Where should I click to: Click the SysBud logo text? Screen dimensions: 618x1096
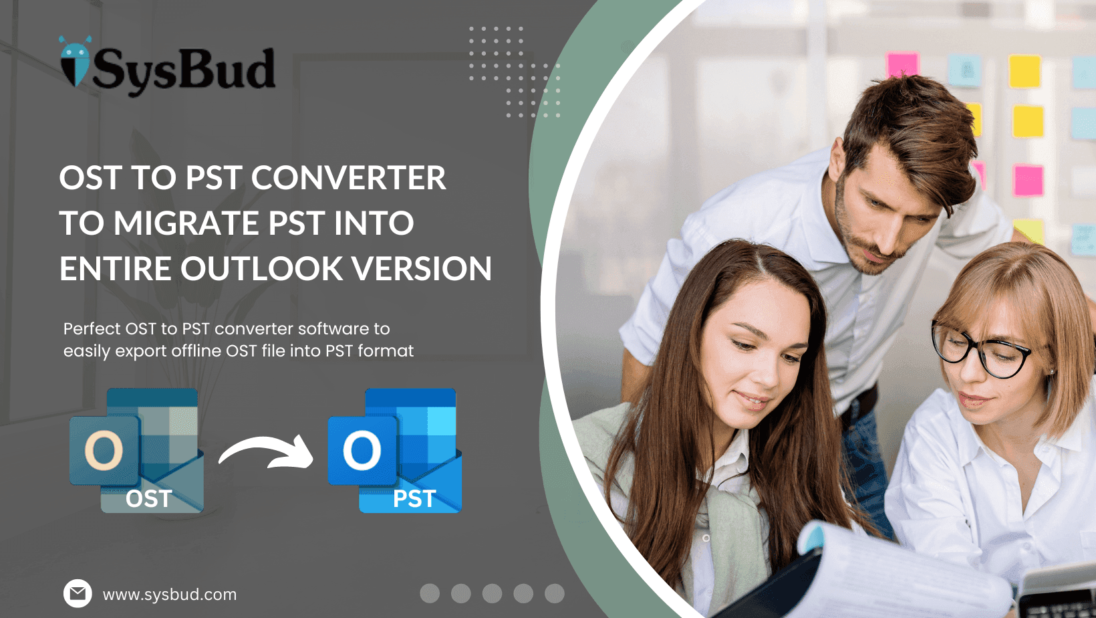click(183, 70)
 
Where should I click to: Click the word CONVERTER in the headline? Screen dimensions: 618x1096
click(348, 178)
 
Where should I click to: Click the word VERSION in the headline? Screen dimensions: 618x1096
click(422, 269)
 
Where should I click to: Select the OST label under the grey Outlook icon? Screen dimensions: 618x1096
click(148, 499)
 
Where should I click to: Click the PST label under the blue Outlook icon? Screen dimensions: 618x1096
click(414, 499)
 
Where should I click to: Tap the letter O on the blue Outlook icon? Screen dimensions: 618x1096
click(362, 450)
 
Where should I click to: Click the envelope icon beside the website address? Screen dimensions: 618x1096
click(78, 593)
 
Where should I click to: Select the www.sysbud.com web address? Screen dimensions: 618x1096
click(170, 595)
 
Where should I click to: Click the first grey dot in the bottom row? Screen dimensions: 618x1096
click(430, 593)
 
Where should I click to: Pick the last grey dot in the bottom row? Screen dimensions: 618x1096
click(554, 593)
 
